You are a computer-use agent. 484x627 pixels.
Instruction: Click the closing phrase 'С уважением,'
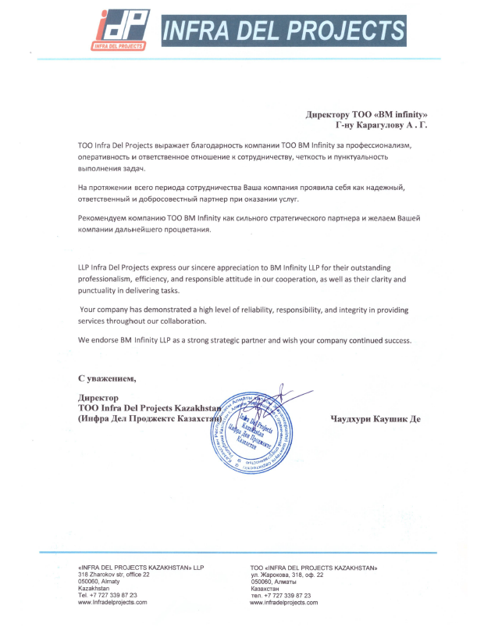(x=107, y=379)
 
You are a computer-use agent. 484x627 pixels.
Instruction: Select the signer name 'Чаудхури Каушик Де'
(x=376, y=419)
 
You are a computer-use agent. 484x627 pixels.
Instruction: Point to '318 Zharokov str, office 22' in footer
(x=114, y=574)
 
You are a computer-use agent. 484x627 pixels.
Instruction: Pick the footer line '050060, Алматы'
(x=273, y=582)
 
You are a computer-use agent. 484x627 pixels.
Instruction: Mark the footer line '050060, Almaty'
(x=99, y=581)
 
